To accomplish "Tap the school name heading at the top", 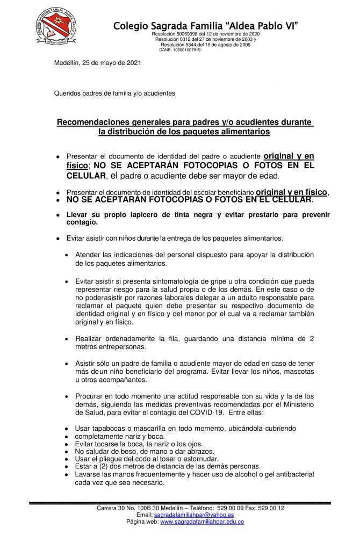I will (206, 25).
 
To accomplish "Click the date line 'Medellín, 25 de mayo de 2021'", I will (98, 63).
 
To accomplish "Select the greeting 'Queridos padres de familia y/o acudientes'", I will (114, 93).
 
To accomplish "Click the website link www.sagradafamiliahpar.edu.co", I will (202, 522).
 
